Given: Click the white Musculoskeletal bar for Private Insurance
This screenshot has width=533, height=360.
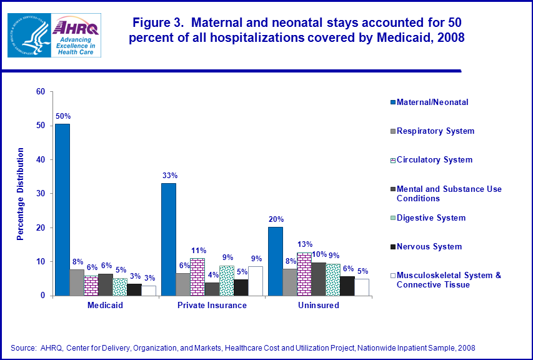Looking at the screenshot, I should (x=256, y=281).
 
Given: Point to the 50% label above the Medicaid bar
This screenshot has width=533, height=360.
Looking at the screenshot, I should (x=63, y=116).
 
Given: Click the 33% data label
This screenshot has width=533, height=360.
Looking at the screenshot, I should (x=169, y=176).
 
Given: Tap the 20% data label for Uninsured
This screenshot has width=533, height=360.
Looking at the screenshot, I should (x=276, y=219).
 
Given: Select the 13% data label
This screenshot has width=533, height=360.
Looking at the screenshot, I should (x=305, y=244).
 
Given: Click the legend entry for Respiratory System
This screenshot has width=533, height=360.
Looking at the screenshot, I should (x=436, y=131).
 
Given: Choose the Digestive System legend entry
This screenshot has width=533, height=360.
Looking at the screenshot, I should (x=431, y=218).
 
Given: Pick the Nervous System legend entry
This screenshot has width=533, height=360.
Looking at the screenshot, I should (x=429, y=247).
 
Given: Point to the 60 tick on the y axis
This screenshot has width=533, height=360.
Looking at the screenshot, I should (x=41, y=92).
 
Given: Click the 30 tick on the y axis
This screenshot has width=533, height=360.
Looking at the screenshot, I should (x=41, y=194).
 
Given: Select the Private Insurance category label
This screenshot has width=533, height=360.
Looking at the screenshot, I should (x=212, y=306).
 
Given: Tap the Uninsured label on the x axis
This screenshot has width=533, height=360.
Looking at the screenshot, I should (x=319, y=306).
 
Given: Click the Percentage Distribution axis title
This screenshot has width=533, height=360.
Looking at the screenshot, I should (x=21, y=194).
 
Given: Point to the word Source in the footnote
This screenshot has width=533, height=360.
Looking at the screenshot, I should (x=23, y=347).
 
